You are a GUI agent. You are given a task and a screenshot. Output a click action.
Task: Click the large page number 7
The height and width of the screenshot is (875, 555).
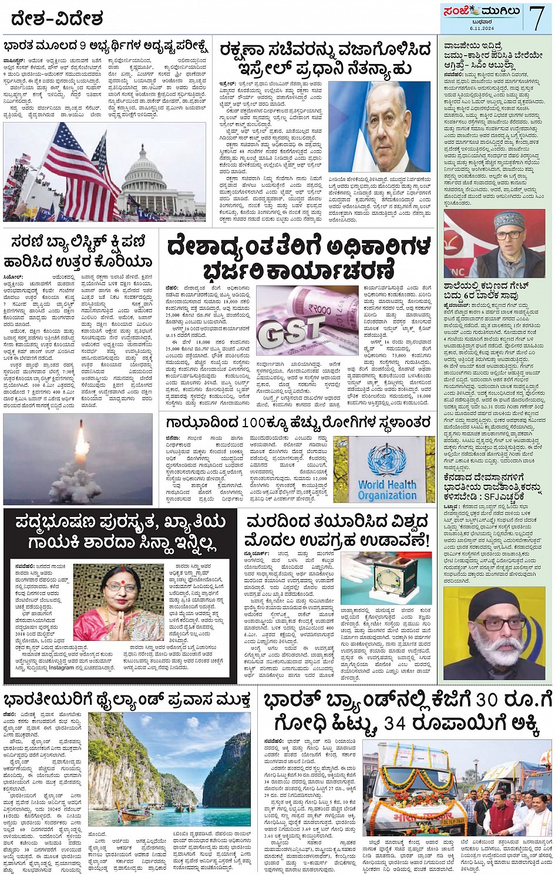pos(536,18)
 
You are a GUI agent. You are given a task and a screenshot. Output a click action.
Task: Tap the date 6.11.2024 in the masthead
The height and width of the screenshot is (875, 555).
pos(482,28)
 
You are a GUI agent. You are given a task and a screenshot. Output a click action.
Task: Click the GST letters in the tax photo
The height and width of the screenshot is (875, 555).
pos(291,334)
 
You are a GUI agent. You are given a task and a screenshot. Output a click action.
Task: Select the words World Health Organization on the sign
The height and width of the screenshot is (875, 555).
pos(387,490)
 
